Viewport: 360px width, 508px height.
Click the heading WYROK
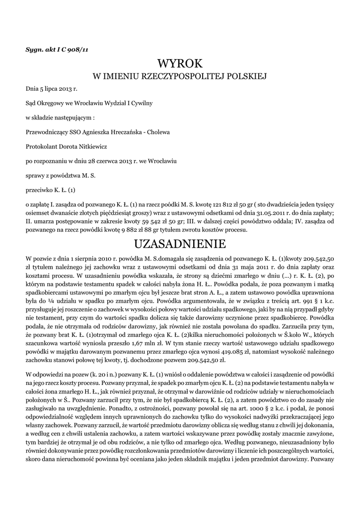180,63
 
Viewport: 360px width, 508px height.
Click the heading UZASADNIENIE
180,244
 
